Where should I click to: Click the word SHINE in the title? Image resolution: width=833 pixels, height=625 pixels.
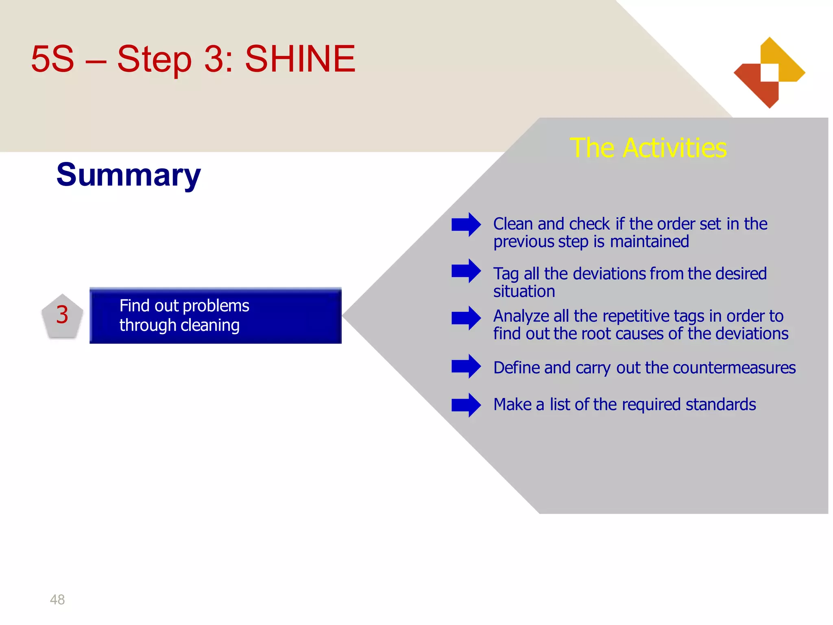(x=300, y=59)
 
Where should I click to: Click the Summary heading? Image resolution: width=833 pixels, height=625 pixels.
(x=129, y=175)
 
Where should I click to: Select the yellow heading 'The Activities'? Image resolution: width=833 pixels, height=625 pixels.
(x=648, y=148)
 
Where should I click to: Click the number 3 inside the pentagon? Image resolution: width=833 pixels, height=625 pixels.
(x=62, y=315)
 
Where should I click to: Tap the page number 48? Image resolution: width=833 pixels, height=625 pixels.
(x=57, y=599)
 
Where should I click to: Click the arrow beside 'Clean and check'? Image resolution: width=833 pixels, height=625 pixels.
(x=466, y=224)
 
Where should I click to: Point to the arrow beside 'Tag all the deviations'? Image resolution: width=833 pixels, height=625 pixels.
(x=466, y=271)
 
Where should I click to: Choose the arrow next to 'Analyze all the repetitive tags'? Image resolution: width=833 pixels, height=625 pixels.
(x=466, y=318)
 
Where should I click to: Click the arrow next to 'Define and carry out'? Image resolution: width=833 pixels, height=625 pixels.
(x=466, y=366)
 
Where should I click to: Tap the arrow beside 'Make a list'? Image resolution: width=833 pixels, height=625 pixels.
(x=466, y=405)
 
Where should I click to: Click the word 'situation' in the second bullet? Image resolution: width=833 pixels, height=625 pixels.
(x=524, y=292)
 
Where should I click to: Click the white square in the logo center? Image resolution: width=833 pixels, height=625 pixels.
(x=770, y=72)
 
